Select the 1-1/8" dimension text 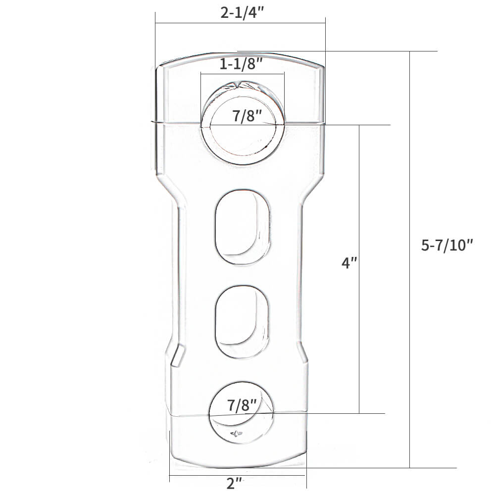point(241,63)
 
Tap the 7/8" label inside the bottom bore point(242,404)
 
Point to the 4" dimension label point(349,263)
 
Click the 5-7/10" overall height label point(447,245)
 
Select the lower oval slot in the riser point(243,322)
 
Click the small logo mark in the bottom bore point(237,434)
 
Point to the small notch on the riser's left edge point(177,356)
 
